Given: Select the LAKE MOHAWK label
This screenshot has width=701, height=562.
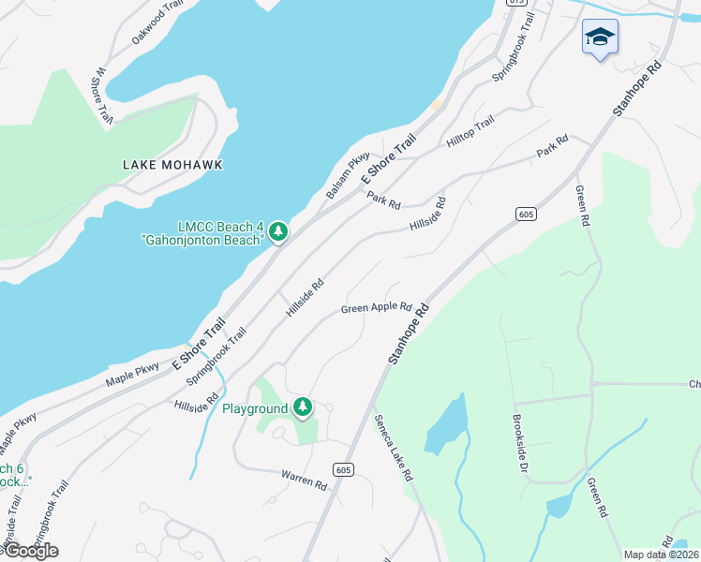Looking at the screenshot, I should (172, 165).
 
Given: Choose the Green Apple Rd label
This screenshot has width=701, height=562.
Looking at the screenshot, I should (377, 307).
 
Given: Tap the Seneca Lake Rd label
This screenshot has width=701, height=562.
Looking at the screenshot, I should (394, 448).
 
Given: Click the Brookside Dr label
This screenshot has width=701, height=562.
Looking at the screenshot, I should (522, 442).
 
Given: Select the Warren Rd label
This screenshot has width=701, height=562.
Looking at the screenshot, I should (304, 480).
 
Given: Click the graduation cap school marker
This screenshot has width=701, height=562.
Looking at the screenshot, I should (600, 37).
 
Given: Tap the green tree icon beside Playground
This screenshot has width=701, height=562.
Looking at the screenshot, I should (302, 407).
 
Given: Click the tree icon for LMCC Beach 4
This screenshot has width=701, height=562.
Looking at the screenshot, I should (277, 231).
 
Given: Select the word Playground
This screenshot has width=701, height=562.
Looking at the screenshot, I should (254, 408).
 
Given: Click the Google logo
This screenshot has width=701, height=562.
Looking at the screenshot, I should (30, 550).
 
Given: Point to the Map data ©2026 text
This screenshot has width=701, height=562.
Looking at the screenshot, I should (661, 555).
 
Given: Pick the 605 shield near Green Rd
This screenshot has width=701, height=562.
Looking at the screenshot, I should (525, 214).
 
